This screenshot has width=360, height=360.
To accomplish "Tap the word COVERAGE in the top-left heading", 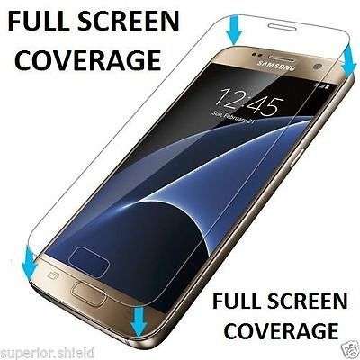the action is (x=88, y=59).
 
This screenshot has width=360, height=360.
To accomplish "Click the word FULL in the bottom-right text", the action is (x=238, y=301).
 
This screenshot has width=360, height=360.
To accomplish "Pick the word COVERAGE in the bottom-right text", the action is (x=282, y=330).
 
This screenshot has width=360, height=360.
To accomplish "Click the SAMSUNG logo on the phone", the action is (x=276, y=66).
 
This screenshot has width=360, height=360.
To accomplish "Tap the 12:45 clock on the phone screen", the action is (x=249, y=103).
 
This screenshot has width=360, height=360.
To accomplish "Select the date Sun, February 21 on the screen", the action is (x=230, y=118).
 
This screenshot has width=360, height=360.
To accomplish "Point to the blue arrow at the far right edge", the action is (x=349, y=61).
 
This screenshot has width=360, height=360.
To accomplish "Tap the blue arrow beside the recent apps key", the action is (x=30, y=260).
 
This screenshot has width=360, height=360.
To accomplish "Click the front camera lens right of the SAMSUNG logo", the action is (x=318, y=67).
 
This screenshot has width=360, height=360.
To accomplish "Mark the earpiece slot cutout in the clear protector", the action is (x=282, y=27).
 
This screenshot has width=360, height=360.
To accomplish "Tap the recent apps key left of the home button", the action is (x=54, y=274).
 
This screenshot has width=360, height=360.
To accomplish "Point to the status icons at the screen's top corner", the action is (x=323, y=87).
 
